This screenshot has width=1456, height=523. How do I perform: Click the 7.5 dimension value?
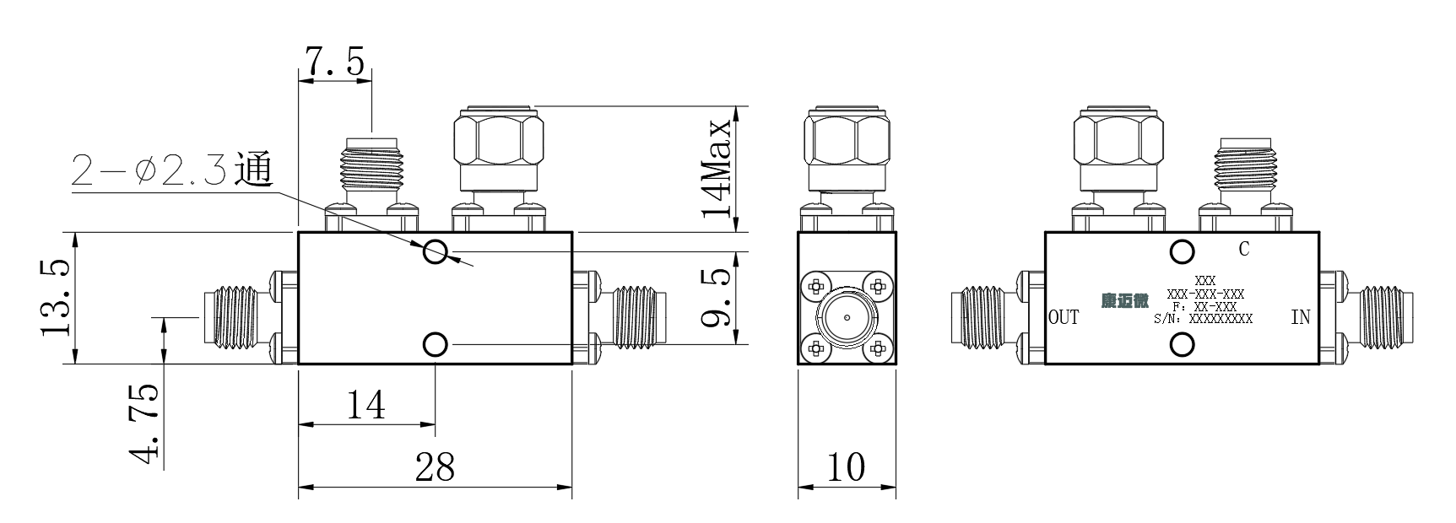tap(334, 62)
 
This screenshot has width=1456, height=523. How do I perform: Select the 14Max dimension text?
tap(717, 168)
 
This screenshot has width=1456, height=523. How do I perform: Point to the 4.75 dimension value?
tap(143, 424)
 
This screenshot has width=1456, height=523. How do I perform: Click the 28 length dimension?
tap(435, 466)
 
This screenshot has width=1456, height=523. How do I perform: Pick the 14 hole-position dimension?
tap(366, 404)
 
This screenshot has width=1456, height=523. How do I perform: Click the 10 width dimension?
tap(847, 466)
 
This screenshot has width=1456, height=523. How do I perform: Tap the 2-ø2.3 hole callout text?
tap(171, 170)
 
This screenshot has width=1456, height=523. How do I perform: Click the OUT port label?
tap(1064, 317)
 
